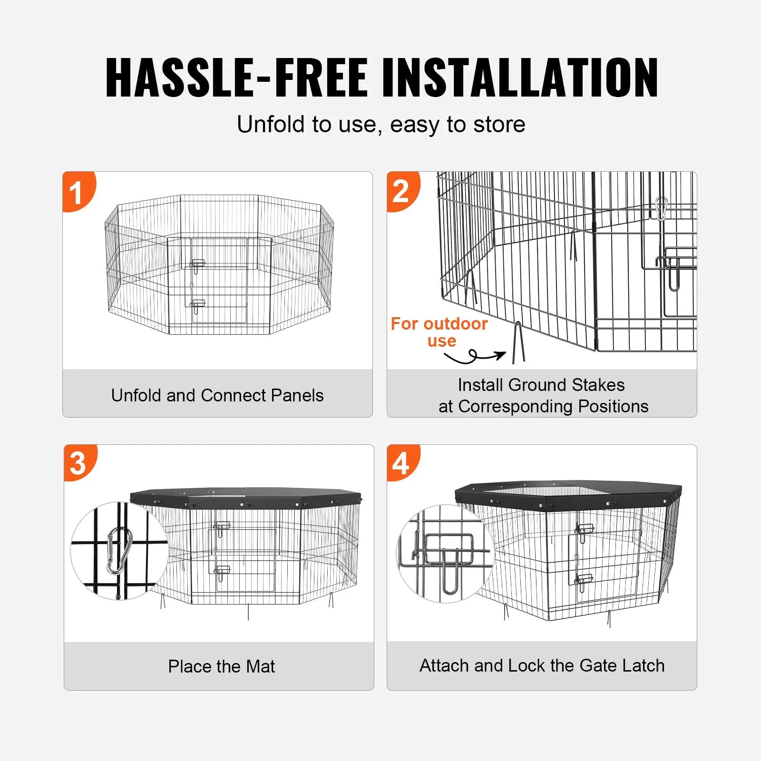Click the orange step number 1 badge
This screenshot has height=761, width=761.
pos(78,192)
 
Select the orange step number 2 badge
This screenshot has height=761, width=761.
pos(402,191)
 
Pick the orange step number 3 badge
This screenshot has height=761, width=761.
pos(79,463)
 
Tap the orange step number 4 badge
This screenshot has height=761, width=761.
pos(402,463)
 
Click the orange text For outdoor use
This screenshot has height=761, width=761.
pos(439,332)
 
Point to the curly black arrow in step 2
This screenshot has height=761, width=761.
pos(475,356)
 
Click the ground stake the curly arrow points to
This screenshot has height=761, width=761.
pos(518,342)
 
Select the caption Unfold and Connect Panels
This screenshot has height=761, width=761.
pos(217,395)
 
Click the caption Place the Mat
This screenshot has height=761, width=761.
pos(221,666)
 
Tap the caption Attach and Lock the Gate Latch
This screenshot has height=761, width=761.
pos(542,665)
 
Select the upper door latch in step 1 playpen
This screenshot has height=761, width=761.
pos(197,264)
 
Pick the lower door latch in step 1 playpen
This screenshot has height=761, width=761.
pos(197,305)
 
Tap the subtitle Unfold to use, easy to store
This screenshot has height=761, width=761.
pos(381,125)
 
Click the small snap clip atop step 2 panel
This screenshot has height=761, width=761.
pos(661,208)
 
